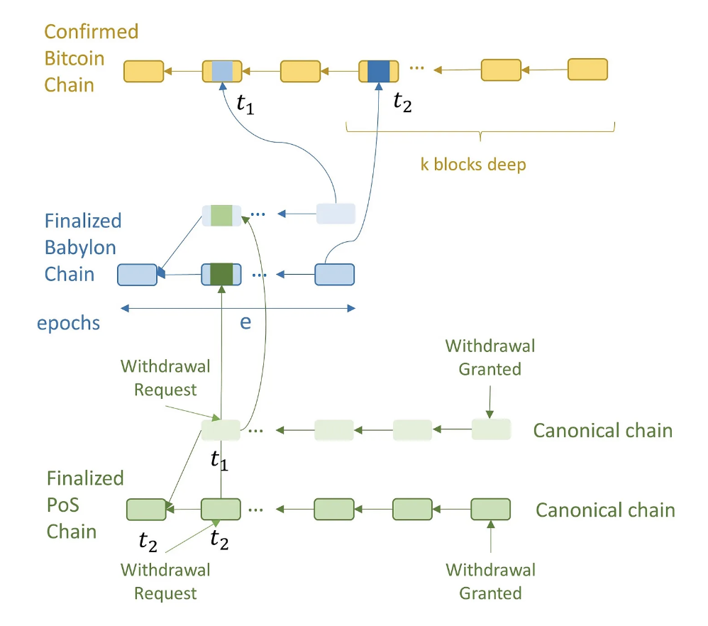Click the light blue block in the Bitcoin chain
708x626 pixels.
pyautogui.click(x=222, y=71)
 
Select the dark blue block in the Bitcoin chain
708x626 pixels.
pyautogui.click(x=378, y=71)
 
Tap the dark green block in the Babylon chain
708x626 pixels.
pyautogui.click(x=222, y=274)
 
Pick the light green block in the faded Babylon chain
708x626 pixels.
pyautogui.click(x=221, y=216)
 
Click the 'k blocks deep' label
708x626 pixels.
pyautogui.click(x=473, y=165)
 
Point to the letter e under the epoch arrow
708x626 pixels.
pyautogui.click(x=245, y=322)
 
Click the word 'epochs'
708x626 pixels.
pyautogui.click(x=69, y=324)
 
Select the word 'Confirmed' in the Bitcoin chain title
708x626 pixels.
pyautogui.click(x=92, y=32)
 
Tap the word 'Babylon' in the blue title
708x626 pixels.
pyautogui.click(x=80, y=248)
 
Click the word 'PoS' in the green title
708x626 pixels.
pyautogui.click(x=62, y=505)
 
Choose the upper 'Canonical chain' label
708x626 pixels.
pyautogui.click(x=603, y=430)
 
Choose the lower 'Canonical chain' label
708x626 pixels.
pyautogui.click(x=606, y=510)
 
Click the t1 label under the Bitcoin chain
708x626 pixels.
pyautogui.click(x=245, y=105)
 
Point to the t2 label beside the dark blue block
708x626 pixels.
pyautogui.click(x=402, y=102)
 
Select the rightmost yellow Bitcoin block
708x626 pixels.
pyautogui.click(x=587, y=69)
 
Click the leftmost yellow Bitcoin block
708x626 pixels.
pyautogui.click(x=143, y=72)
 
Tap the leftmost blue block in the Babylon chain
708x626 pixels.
pyautogui.click(x=137, y=275)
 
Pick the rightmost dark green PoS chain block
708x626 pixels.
pyautogui.click(x=491, y=509)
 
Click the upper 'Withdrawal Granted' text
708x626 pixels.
pyautogui.click(x=490, y=358)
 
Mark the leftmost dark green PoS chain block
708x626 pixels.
pyautogui.click(x=146, y=510)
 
